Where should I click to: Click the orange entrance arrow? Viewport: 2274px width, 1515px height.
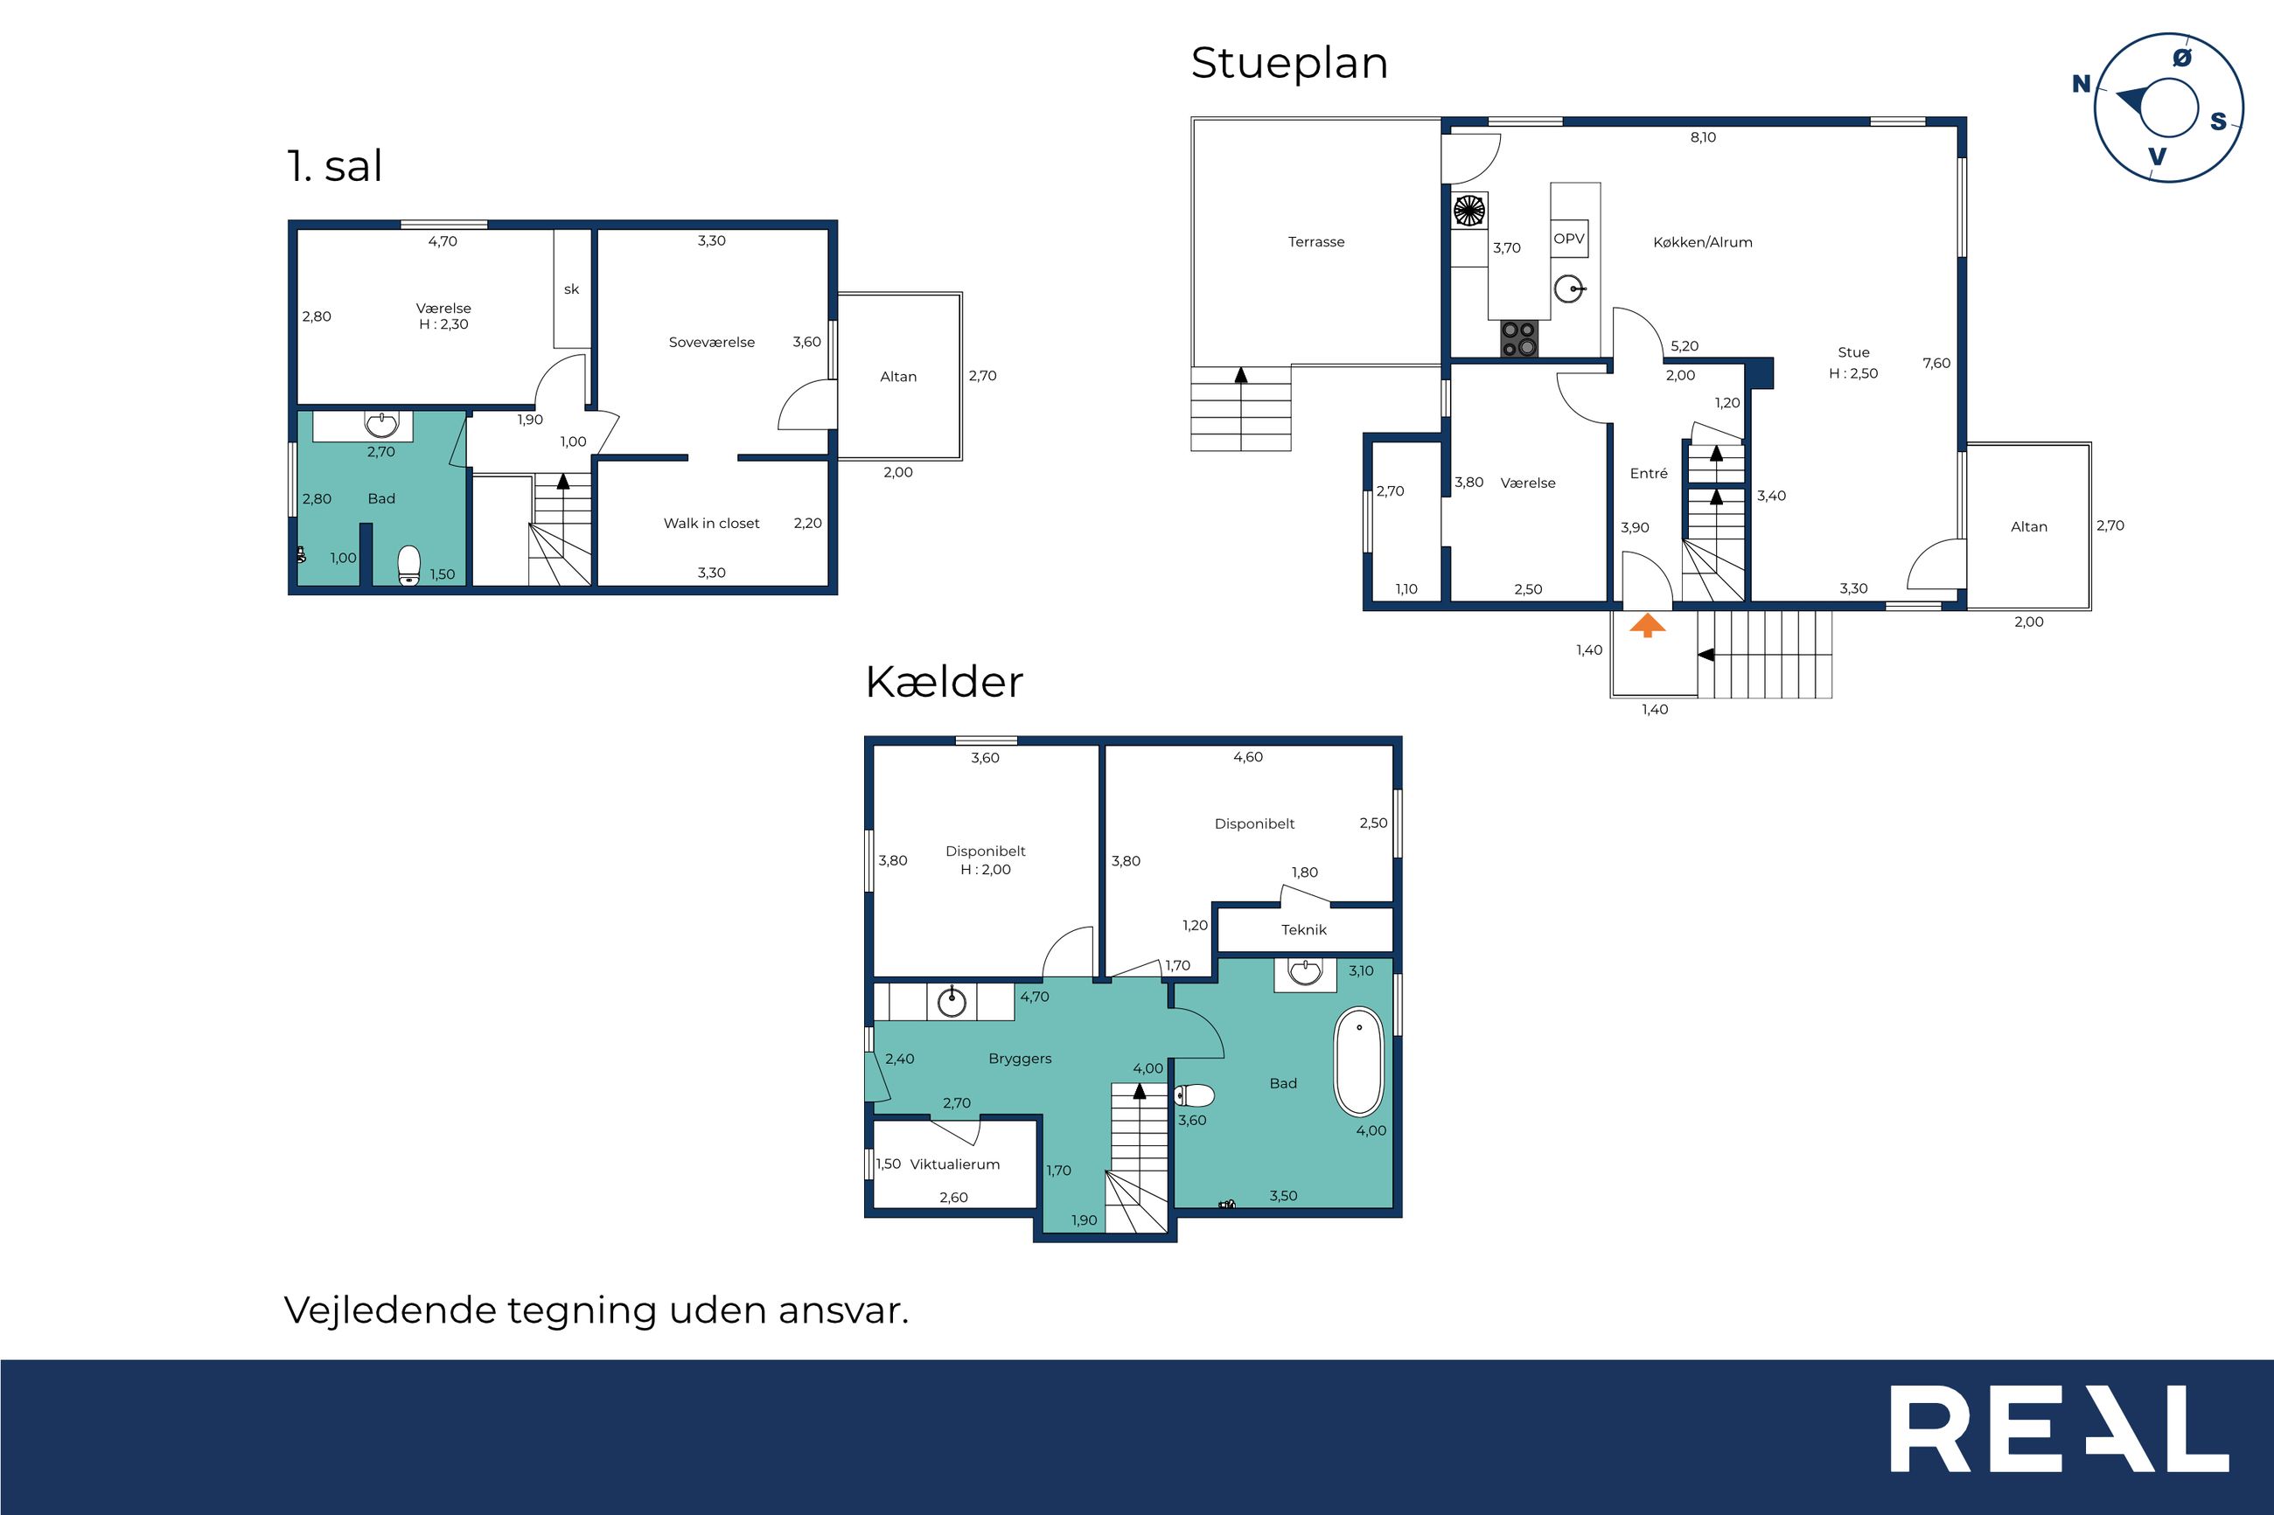pyautogui.click(x=1648, y=626)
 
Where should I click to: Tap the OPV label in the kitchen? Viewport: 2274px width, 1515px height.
pyautogui.click(x=1568, y=239)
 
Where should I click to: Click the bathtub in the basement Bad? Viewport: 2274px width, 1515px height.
pyautogui.click(x=1359, y=1062)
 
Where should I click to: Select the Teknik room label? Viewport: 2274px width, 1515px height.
pyautogui.click(x=1304, y=929)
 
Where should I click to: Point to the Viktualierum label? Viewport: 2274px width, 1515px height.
pyautogui.click(x=955, y=1164)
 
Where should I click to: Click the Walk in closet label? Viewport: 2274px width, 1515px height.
pyautogui.click(x=711, y=523)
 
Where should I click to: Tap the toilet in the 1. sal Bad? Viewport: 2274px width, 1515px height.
pyautogui.click(x=408, y=566)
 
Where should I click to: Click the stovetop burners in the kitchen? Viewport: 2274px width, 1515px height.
pyautogui.click(x=1519, y=339)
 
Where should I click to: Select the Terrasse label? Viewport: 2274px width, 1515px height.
pyautogui.click(x=1316, y=241)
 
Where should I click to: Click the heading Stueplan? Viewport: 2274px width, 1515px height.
pyautogui.click(x=1289, y=64)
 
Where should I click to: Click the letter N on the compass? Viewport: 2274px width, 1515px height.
pyautogui.click(x=2081, y=84)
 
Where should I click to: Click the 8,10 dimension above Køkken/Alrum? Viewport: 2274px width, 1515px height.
pyautogui.click(x=1703, y=137)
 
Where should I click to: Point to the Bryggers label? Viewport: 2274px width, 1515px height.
pyautogui.click(x=1020, y=1059)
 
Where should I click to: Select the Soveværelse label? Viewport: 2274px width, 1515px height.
pyautogui.click(x=711, y=342)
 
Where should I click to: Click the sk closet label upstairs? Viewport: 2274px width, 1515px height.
pyautogui.click(x=571, y=288)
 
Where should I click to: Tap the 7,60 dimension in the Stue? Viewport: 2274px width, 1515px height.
pyautogui.click(x=1936, y=364)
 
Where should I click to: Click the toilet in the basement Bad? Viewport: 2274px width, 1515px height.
pyautogui.click(x=1195, y=1095)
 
